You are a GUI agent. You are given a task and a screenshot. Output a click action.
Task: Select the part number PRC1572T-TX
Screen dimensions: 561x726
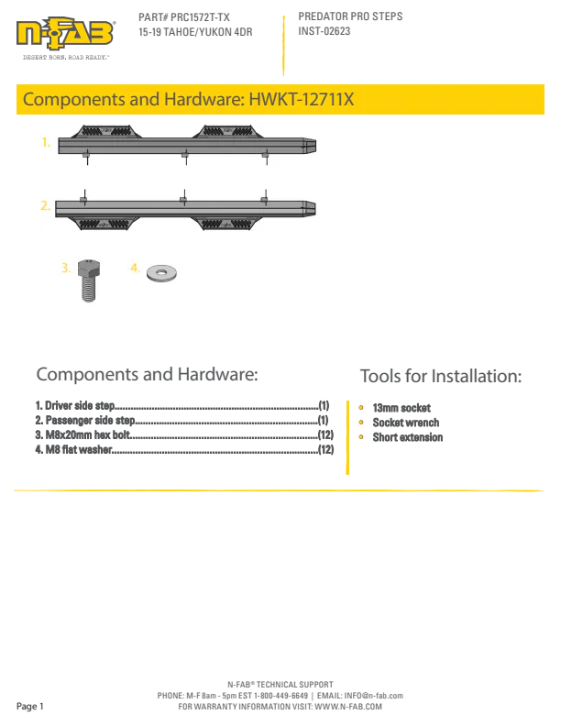(x=200, y=17)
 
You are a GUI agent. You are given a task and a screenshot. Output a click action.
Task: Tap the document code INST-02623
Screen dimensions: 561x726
(x=324, y=31)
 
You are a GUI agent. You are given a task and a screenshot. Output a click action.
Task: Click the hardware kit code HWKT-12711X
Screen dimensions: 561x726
(x=302, y=99)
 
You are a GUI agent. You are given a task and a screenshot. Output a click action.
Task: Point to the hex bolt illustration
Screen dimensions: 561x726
(x=88, y=280)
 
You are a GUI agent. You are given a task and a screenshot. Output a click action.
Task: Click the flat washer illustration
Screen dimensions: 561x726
(x=161, y=273)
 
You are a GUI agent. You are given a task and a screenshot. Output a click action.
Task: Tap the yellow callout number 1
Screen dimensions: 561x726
(x=45, y=142)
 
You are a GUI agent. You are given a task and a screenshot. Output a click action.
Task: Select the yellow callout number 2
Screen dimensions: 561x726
(x=45, y=205)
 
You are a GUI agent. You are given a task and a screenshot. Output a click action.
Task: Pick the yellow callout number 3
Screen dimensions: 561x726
(x=66, y=268)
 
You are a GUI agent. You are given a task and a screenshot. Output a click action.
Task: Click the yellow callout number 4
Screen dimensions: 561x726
(x=135, y=268)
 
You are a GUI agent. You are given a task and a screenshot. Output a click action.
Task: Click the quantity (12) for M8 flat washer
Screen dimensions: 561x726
(x=325, y=449)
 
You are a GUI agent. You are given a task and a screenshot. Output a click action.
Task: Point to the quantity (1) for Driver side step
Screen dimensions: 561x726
(x=324, y=405)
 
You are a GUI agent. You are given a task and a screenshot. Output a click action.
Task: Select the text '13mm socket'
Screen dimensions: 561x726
(x=401, y=408)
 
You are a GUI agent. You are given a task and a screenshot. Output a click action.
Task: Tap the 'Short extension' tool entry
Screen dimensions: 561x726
(x=408, y=437)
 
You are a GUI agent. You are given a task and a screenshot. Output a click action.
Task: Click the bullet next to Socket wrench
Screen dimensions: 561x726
(x=361, y=423)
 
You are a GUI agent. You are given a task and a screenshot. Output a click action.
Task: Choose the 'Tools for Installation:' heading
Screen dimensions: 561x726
(x=441, y=376)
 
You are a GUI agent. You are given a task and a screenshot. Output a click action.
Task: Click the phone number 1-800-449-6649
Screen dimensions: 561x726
(x=280, y=696)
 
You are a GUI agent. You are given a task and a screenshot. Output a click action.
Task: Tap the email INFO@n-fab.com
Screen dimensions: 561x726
(x=373, y=696)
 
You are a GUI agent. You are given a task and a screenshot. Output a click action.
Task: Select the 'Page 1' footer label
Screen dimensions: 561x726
(x=29, y=706)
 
